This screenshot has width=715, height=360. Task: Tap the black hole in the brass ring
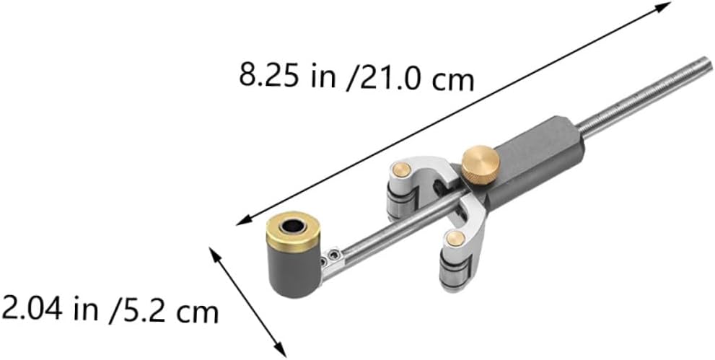(291, 227)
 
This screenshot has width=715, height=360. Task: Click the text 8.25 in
(278, 74)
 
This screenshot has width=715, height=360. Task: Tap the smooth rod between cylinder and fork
(361, 239)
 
